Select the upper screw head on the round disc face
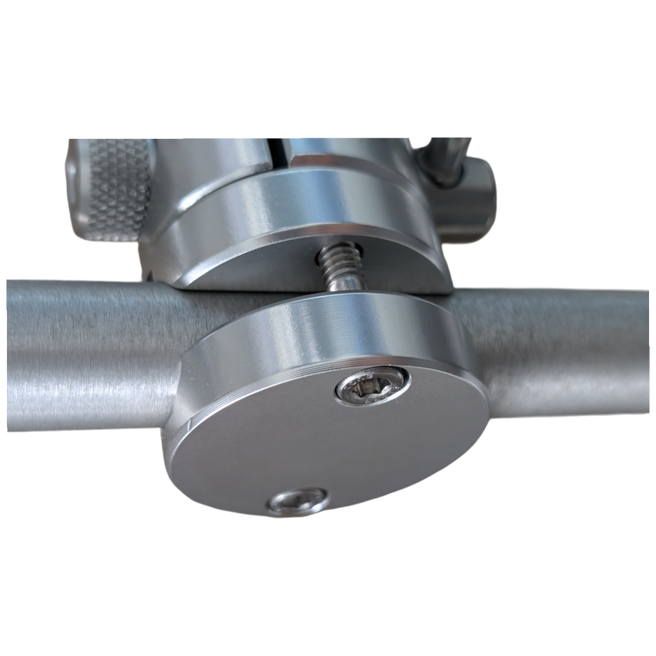pyautogui.click(x=370, y=386)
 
